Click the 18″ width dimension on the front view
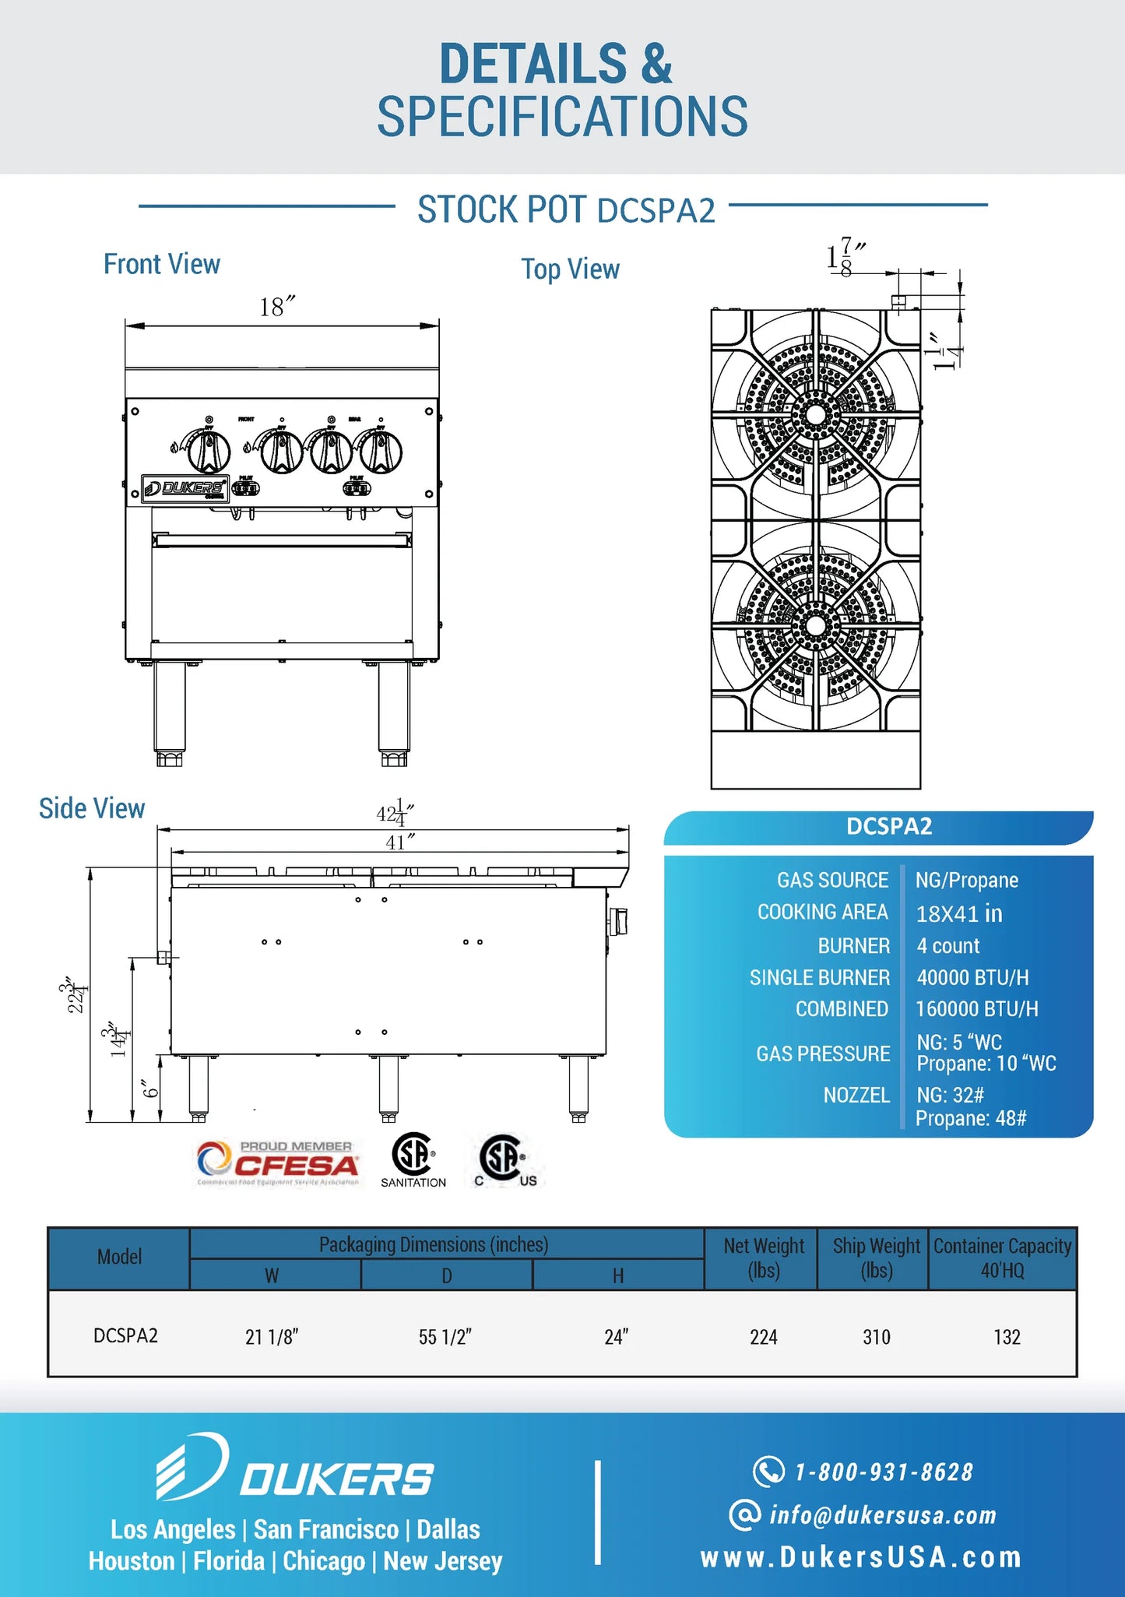tap(276, 308)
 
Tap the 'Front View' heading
tap(162, 265)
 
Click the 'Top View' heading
tap(570, 269)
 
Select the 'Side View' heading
tap(92, 809)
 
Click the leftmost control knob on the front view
tap(209, 451)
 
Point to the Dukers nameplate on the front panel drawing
tap(185, 488)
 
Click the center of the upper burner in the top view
tap(815, 414)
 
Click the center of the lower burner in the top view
tap(815, 625)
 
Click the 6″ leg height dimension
tap(150, 1088)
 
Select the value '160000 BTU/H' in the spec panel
tap(976, 1009)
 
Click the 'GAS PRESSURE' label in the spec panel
tap(823, 1054)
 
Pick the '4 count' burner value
tap(947, 946)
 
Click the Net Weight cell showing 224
tap(763, 1337)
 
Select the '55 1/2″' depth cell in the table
tap(445, 1337)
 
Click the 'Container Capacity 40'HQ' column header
tap(1002, 1258)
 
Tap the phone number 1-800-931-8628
tap(883, 1472)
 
